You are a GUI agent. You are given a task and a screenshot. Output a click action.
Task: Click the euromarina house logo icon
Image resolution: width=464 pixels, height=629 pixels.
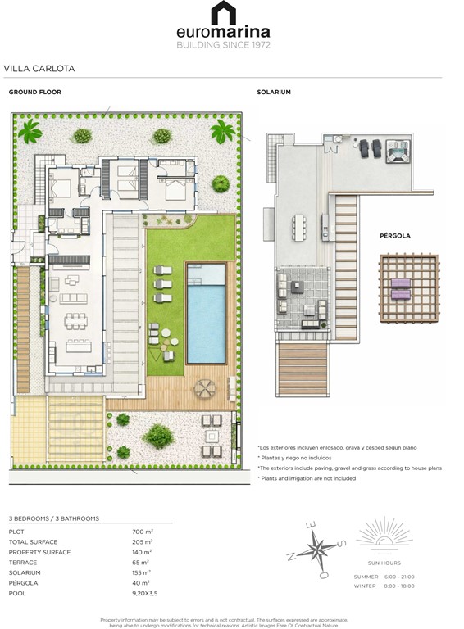pyautogui.click(x=223, y=13)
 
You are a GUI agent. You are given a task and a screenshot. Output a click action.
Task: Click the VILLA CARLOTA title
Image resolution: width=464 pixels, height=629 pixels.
pyautogui.click(x=39, y=69)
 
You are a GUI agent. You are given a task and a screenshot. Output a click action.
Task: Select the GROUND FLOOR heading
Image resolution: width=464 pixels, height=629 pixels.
pyautogui.click(x=34, y=93)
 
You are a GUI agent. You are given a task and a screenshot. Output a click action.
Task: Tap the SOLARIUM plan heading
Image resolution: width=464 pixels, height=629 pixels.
pyautogui.click(x=274, y=93)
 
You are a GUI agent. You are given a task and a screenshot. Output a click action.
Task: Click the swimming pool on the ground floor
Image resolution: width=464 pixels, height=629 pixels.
pyautogui.click(x=207, y=313)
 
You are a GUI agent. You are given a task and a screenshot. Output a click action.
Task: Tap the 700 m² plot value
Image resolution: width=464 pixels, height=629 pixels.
pyautogui.click(x=143, y=532)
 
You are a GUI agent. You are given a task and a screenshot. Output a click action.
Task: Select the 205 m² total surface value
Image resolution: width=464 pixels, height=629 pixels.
pyautogui.click(x=143, y=542)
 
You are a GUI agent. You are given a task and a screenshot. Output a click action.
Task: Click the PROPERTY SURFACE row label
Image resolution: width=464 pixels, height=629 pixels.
pyautogui.click(x=39, y=553)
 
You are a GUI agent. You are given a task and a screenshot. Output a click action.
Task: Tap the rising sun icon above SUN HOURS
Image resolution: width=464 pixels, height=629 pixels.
pyautogui.click(x=384, y=533)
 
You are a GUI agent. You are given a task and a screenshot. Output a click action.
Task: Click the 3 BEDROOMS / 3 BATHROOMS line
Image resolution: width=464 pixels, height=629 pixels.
pyautogui.click(x=53, y=518)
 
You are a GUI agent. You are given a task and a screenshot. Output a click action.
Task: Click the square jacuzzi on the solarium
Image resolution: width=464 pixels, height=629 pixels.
pyautogui.click(x=399, y=150)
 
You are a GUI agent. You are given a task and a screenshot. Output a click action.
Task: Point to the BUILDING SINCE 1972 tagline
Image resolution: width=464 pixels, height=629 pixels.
pyautogui.click(x=223, y=45)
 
